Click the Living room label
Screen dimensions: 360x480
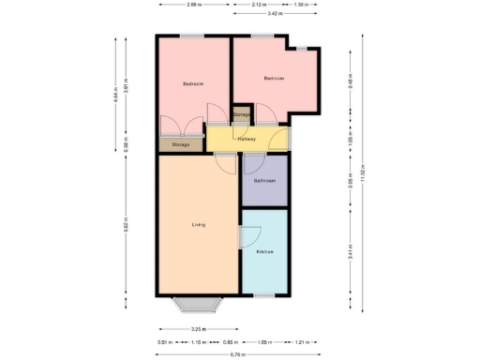tap(198, 225)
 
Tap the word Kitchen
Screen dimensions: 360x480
tap(264, 252)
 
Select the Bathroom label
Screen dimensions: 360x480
tap(264, 180)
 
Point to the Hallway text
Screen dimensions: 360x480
tap(247, 140)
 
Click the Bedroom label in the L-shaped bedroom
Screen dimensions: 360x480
tap(274, 78)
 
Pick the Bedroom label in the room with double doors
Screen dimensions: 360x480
tap(193, 84)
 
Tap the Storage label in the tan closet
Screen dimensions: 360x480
tap(181, 144)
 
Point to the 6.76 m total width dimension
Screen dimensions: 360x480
tap(238, 354)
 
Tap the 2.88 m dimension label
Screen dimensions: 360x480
tap(192, 5)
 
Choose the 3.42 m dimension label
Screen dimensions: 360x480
tap(274, 14)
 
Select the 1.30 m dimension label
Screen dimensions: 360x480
tap(299, 5)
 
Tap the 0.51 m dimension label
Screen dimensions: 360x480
tap(165, 342)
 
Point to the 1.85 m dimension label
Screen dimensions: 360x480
tap(263, 342)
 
